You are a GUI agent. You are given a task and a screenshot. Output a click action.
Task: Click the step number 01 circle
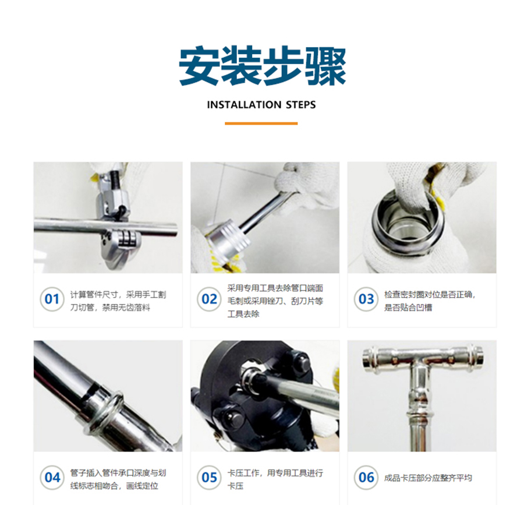[52, 299]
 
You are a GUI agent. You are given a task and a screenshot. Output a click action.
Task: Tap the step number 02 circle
[209, 299]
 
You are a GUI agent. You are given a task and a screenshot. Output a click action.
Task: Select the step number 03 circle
[366, 299]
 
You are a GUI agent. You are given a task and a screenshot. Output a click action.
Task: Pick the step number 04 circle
[52, 478]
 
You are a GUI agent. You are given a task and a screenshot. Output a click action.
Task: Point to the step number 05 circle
[209, 478]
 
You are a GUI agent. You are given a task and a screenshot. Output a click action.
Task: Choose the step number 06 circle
[366, 478]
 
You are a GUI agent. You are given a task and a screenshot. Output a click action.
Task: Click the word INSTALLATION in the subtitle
[244, 105]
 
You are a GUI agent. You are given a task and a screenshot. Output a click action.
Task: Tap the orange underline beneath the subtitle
[261, 123]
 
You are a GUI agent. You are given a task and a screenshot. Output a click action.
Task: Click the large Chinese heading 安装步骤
[263, 66]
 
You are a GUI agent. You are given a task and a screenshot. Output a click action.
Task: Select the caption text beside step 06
[428, 478]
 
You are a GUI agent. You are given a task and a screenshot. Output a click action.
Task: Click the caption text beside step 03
[430, 301]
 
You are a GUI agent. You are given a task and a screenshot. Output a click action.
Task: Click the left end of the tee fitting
[369, 357]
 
